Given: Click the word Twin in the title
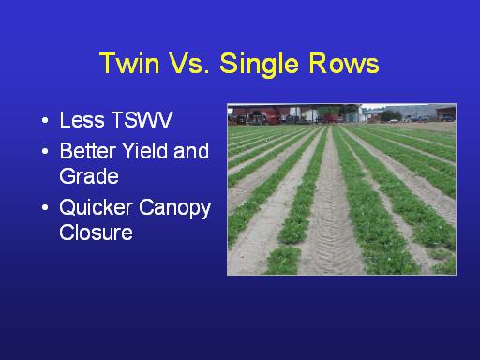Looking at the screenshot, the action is pyautogui.click(x=129, y=63).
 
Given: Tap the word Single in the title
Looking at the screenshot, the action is pyautogui.click(x=259, y=65).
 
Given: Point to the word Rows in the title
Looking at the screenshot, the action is pyautogui.click(x=344, y=63).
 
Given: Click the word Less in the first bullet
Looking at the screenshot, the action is pyautogui.click(x=82, y=120).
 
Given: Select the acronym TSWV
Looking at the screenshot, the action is pyautogui.click(x=142, y=120).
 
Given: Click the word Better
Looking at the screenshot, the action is pyautogui.click(x=88, y=151).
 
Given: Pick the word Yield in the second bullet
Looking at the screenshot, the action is pyautogui.click(x=145, y=151).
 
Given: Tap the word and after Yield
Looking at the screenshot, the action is pyautogui.click(x=191, y=151).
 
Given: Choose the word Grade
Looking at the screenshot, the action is pyautogui.click(x=89, y=176).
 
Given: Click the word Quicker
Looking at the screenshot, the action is pyautogui.click(x=96, y=207).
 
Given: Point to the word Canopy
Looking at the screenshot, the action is pyautogui.click(x=174, y=209).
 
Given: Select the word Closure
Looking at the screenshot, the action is pyautogui.click(x=96, y=232).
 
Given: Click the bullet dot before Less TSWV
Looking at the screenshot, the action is pyautogui.click(x=45, y=120).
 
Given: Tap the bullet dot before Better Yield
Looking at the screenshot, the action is pyautogui.click(x=45, y=152).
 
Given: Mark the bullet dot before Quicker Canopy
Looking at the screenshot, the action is pyautogui.click(x=45, y=207).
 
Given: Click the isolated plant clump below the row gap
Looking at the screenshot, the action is pyautogui.click(x=283, y=260).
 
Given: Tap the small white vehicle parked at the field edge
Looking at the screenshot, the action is pyautogui.click(x=394, y=121).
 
